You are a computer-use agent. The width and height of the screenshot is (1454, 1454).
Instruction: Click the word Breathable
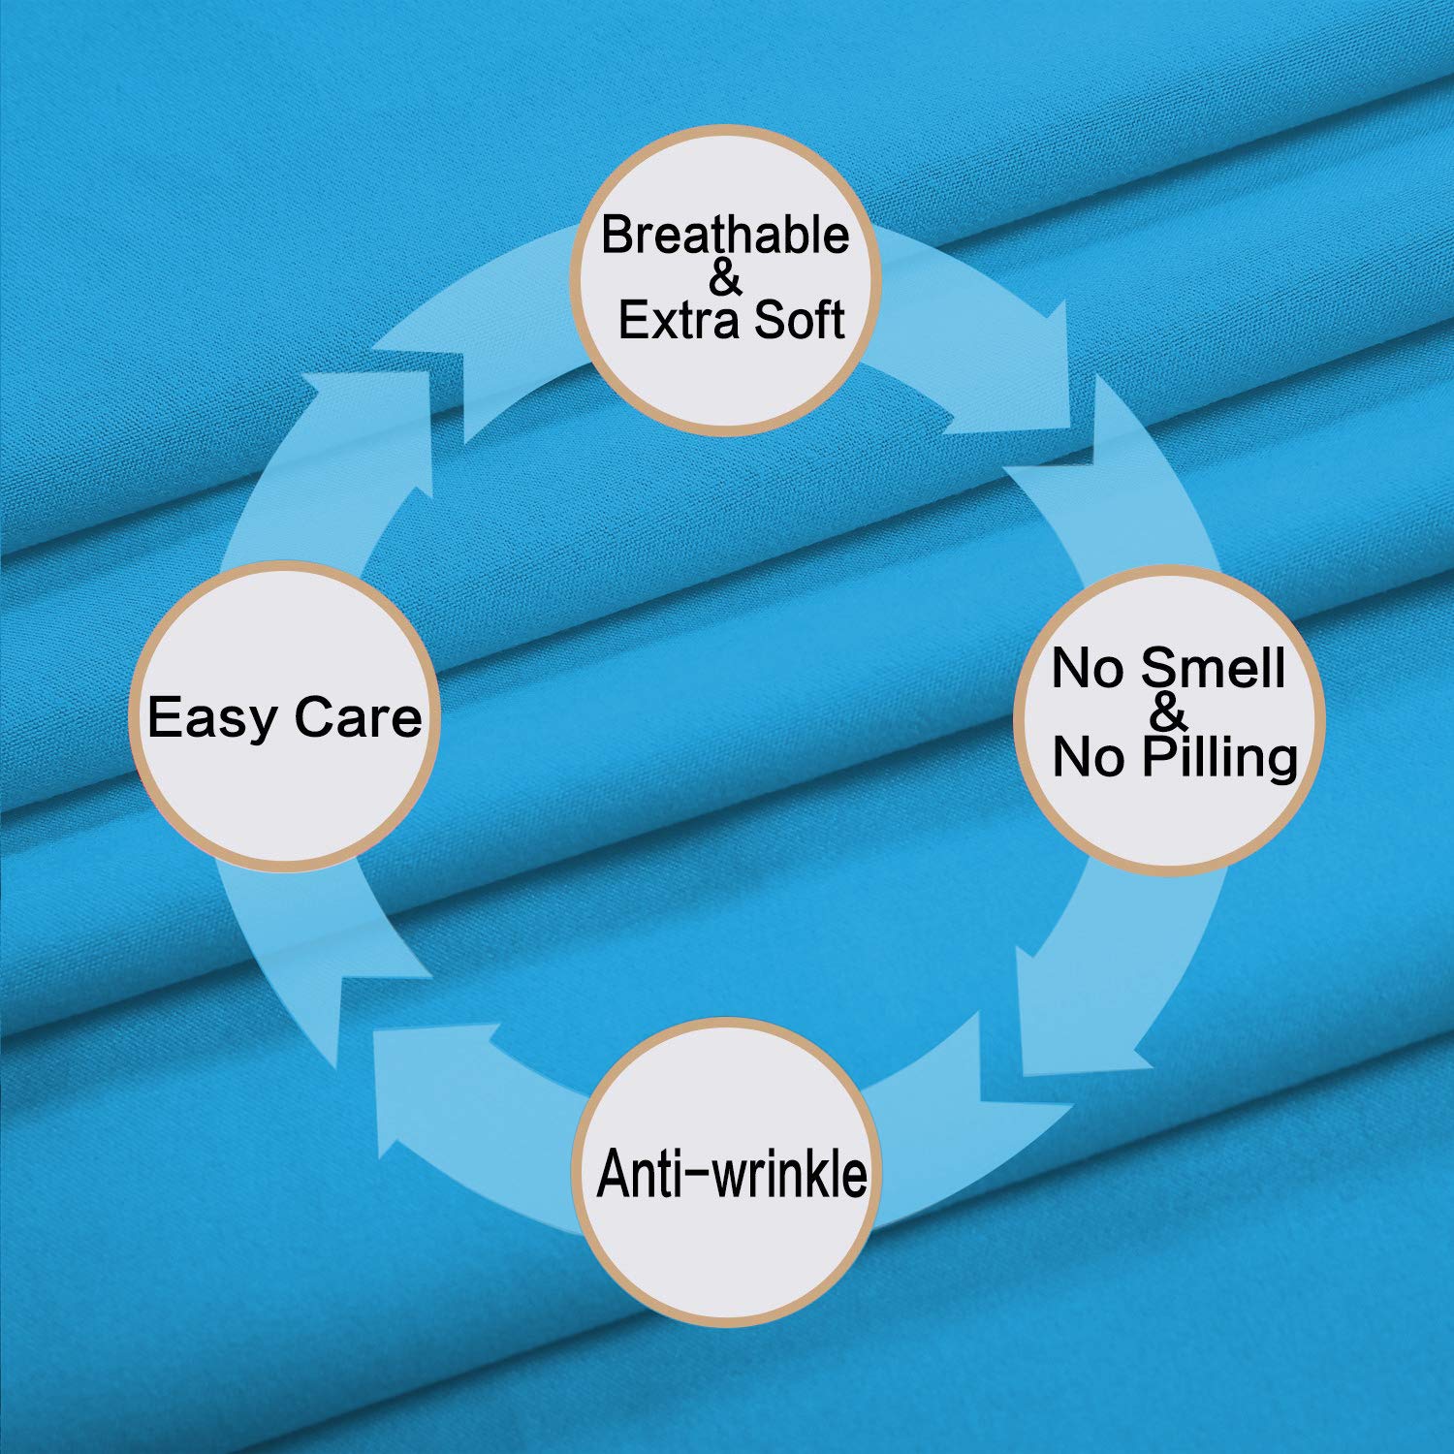[x=725, y=235]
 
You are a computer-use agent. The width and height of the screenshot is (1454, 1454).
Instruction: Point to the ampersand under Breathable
[x=725, y=278]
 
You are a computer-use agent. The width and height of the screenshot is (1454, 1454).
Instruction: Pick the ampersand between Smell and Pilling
[x=1170, y=713]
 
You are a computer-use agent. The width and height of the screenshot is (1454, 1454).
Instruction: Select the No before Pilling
[x=1090, y=757]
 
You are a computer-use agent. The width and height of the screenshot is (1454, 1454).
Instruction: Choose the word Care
[x=358, y=718]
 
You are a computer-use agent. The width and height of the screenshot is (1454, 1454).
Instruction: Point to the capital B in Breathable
[x=617, y=236]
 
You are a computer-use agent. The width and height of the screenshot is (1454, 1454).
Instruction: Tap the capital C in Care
[x=313, y=718]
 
